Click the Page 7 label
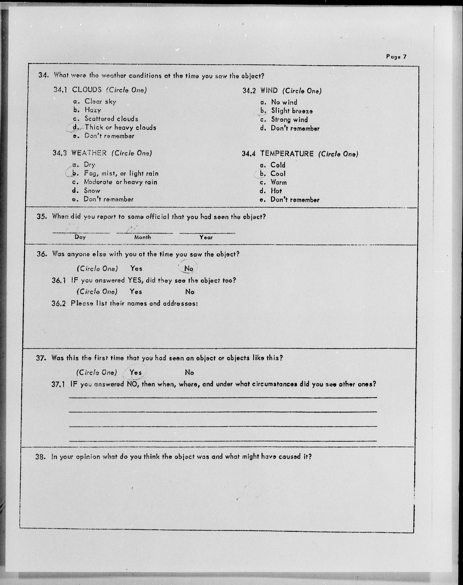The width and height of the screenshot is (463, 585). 396,57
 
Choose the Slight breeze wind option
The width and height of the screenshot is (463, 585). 292,111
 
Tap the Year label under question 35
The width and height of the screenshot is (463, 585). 206,237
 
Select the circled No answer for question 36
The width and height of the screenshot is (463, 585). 189,268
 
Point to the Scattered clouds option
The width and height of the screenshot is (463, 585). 111,119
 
